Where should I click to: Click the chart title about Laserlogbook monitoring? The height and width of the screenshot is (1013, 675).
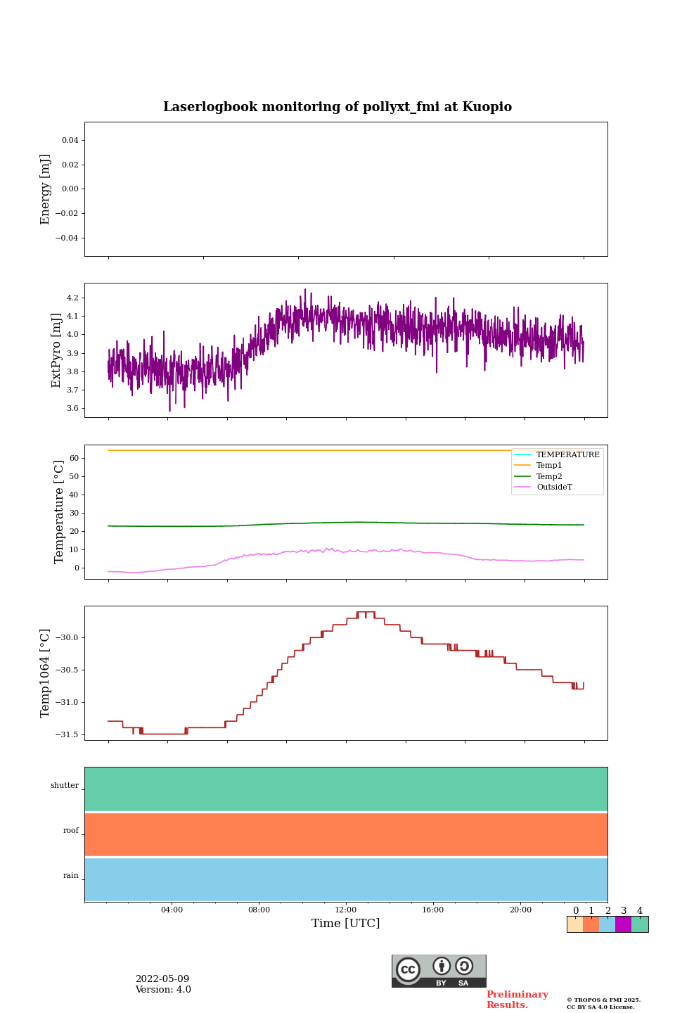[337, 107]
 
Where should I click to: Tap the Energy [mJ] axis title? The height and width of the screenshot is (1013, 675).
[46, 189]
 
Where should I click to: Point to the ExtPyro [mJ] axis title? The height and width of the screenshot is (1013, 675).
[57, 350]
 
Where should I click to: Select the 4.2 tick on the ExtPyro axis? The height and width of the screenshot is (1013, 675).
[72, 298]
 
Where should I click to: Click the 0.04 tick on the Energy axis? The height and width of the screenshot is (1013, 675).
[70, 141]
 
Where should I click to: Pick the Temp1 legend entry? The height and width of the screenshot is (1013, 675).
[549, 466]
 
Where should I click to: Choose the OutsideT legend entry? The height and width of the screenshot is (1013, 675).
[554, 488]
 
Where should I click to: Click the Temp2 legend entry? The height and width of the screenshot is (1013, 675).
[549, 477]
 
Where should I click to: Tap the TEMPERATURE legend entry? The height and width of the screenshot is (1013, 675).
[567, 455]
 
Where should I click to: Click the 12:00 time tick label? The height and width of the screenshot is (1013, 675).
[346, 910]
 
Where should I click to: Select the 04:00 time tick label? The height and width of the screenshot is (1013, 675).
[172, 910]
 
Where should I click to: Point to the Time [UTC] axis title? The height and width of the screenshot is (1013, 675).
[346, 924]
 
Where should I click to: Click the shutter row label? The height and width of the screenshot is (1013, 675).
[65, 786]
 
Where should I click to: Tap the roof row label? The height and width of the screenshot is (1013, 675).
[71, 831]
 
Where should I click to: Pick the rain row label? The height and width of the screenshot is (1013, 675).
[71, 876]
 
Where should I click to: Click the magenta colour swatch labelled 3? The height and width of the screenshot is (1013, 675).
[623, 924]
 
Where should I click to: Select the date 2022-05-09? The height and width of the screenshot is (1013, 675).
[162, 979]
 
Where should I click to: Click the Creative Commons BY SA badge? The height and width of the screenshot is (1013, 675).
[439, 971]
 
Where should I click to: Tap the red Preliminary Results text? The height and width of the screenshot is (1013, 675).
[517, 1000]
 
